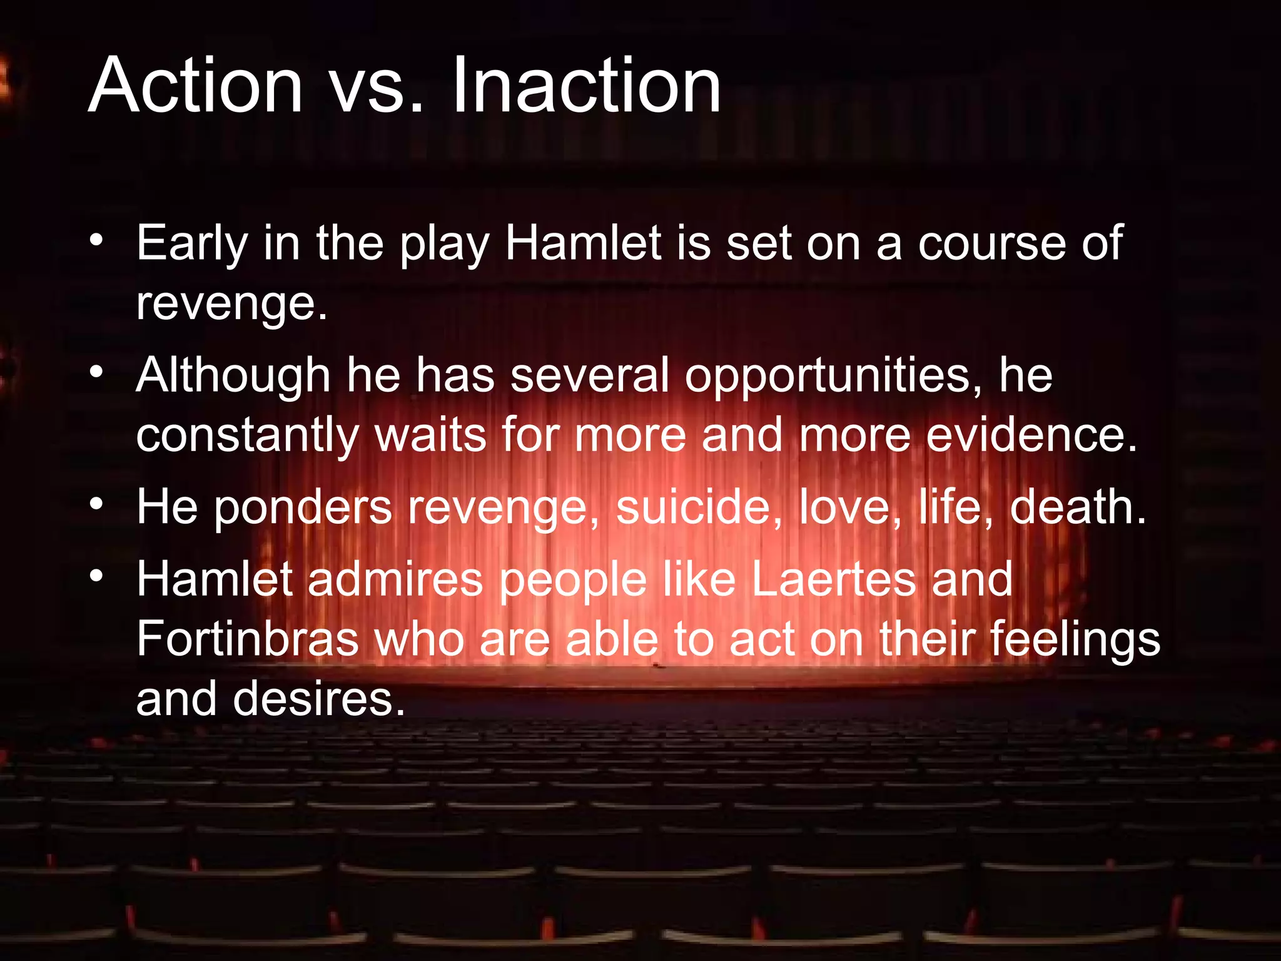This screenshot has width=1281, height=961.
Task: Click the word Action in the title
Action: [195, 86]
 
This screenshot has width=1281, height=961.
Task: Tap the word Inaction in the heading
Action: [585, 86]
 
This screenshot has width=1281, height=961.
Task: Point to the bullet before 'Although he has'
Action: [95, 372]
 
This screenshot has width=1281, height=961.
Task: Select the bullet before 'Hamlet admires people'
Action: [95, 576]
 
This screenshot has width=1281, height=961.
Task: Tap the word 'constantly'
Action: [248, 437]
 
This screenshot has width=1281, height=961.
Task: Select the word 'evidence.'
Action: [1031, 435]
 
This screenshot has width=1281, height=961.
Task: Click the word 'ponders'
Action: [303, 509]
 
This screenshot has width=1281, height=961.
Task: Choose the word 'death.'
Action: [1078, 507]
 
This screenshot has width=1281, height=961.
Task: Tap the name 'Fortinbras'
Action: [248, 639]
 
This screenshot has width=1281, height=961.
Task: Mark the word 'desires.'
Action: [319, 699]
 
